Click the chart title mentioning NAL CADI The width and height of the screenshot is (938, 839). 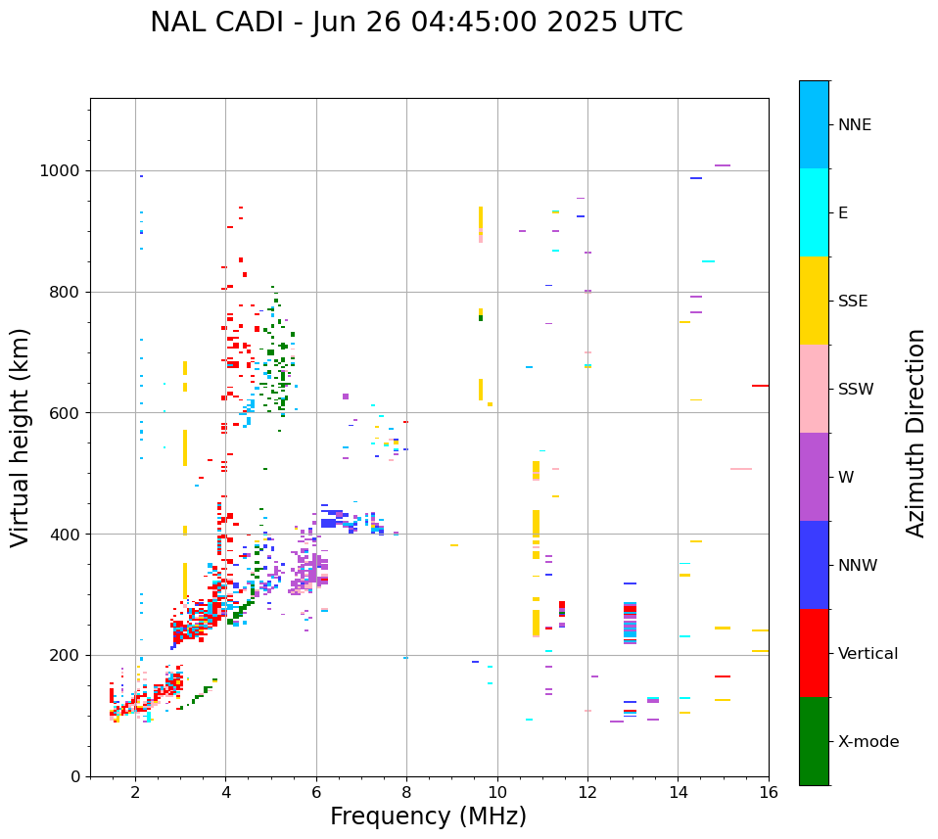pyautogui.click(x=416, y=23)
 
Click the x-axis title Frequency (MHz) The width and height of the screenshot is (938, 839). pyautogui.click(x=428, y=816)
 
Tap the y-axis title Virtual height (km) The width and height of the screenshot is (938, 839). pyautogui.click(x=21, y=438)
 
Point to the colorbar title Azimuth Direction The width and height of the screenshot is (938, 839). pyautogui.click(x=915, y=433)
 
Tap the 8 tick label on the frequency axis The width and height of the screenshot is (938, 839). pyautogui.click(x=406, y=793)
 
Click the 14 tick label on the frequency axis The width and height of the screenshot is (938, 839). pyautogui.click(x=678, y=793)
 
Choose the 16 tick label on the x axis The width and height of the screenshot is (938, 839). pyautogui.click(x=769, y=793)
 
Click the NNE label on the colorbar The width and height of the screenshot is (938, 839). pyautogui.click(x=854, y=125)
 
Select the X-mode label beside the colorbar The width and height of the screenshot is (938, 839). pyautogui.click(x=868, y=742)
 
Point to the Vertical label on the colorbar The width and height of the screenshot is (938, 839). pyautogui.click(x=868, y=654)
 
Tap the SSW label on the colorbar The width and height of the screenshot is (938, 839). pyautogui.click(x=855, y=390)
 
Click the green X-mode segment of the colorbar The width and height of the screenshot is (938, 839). pyautogui.click(x=814, y=741)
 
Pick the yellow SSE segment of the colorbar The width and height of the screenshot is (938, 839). pyautogui.click(x=814, y=301)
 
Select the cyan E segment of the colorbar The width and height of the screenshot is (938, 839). pyautogui.click(x=814, y=212)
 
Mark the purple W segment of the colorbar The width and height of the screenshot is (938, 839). pyautogui.click(x=814, y=477)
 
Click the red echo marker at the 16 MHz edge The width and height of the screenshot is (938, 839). pyautogui.click(x=760, y=386)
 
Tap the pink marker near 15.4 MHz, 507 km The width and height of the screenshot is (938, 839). pyautogui.click(x=740, y=469)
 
